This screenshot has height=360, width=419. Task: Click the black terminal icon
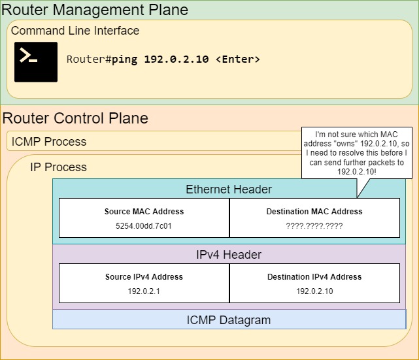(36, 62)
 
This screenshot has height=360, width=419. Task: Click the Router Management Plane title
(95, 10)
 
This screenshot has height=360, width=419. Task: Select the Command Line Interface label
(75, 31)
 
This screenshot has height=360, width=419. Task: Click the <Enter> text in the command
(237, 59)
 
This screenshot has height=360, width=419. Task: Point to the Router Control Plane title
(75, 118)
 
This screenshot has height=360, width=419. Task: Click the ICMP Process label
(49, 141)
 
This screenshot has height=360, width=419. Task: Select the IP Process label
(58, 167)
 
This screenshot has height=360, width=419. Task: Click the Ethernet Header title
(229, 189)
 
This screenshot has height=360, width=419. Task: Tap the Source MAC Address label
(144, 212)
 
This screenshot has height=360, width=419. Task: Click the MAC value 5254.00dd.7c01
(144, 226)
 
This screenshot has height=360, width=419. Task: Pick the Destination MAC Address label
(314, 212)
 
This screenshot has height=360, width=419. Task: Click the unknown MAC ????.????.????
(314, 226)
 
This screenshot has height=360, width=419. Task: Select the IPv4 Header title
(229, 255)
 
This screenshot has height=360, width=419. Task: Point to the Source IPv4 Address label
(144, 277)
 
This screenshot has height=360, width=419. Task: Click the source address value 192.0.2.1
(144, 291)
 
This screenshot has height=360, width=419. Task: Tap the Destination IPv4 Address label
(314, 277)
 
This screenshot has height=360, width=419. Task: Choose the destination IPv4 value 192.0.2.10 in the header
(314, 291)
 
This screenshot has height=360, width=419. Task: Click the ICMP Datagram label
(229, 320)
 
